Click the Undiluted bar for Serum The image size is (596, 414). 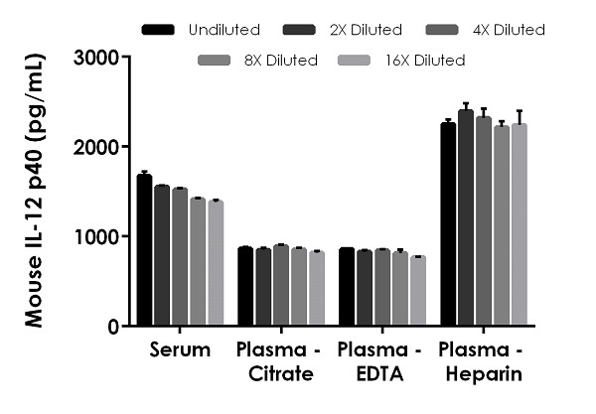pyautogui.click(x=144, y=250)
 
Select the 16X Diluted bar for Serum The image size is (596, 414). pyautogui.click(x=216, y=263)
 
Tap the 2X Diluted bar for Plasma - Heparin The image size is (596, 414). pyautogui.click(x=465, y=217)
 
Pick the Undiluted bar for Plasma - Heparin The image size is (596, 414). pyautogui.click(x=448, y=224)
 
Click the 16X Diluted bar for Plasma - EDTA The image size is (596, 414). pyautogui.click(x=417, y=291)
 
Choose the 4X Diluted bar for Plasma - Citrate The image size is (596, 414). pyautogui.click(x=280, y=285)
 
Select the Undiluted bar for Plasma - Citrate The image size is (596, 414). pyautogui.click(x=245, y=287)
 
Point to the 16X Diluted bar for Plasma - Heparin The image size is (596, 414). pyautogui.click(x=518, y=225)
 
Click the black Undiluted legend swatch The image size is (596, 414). pyautogui.click(x=158, y=30)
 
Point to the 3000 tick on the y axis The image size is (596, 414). pyautogui.click(x=97, y=58)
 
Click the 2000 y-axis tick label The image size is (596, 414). pyautogui.click(x=97, y=147)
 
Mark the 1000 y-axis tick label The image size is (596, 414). pyautogui.click(x=97, y=236)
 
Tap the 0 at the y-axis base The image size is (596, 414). pyautogui.click(x=111, y=327)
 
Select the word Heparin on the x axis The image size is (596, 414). pyautogui.click(x=483, y=373)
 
